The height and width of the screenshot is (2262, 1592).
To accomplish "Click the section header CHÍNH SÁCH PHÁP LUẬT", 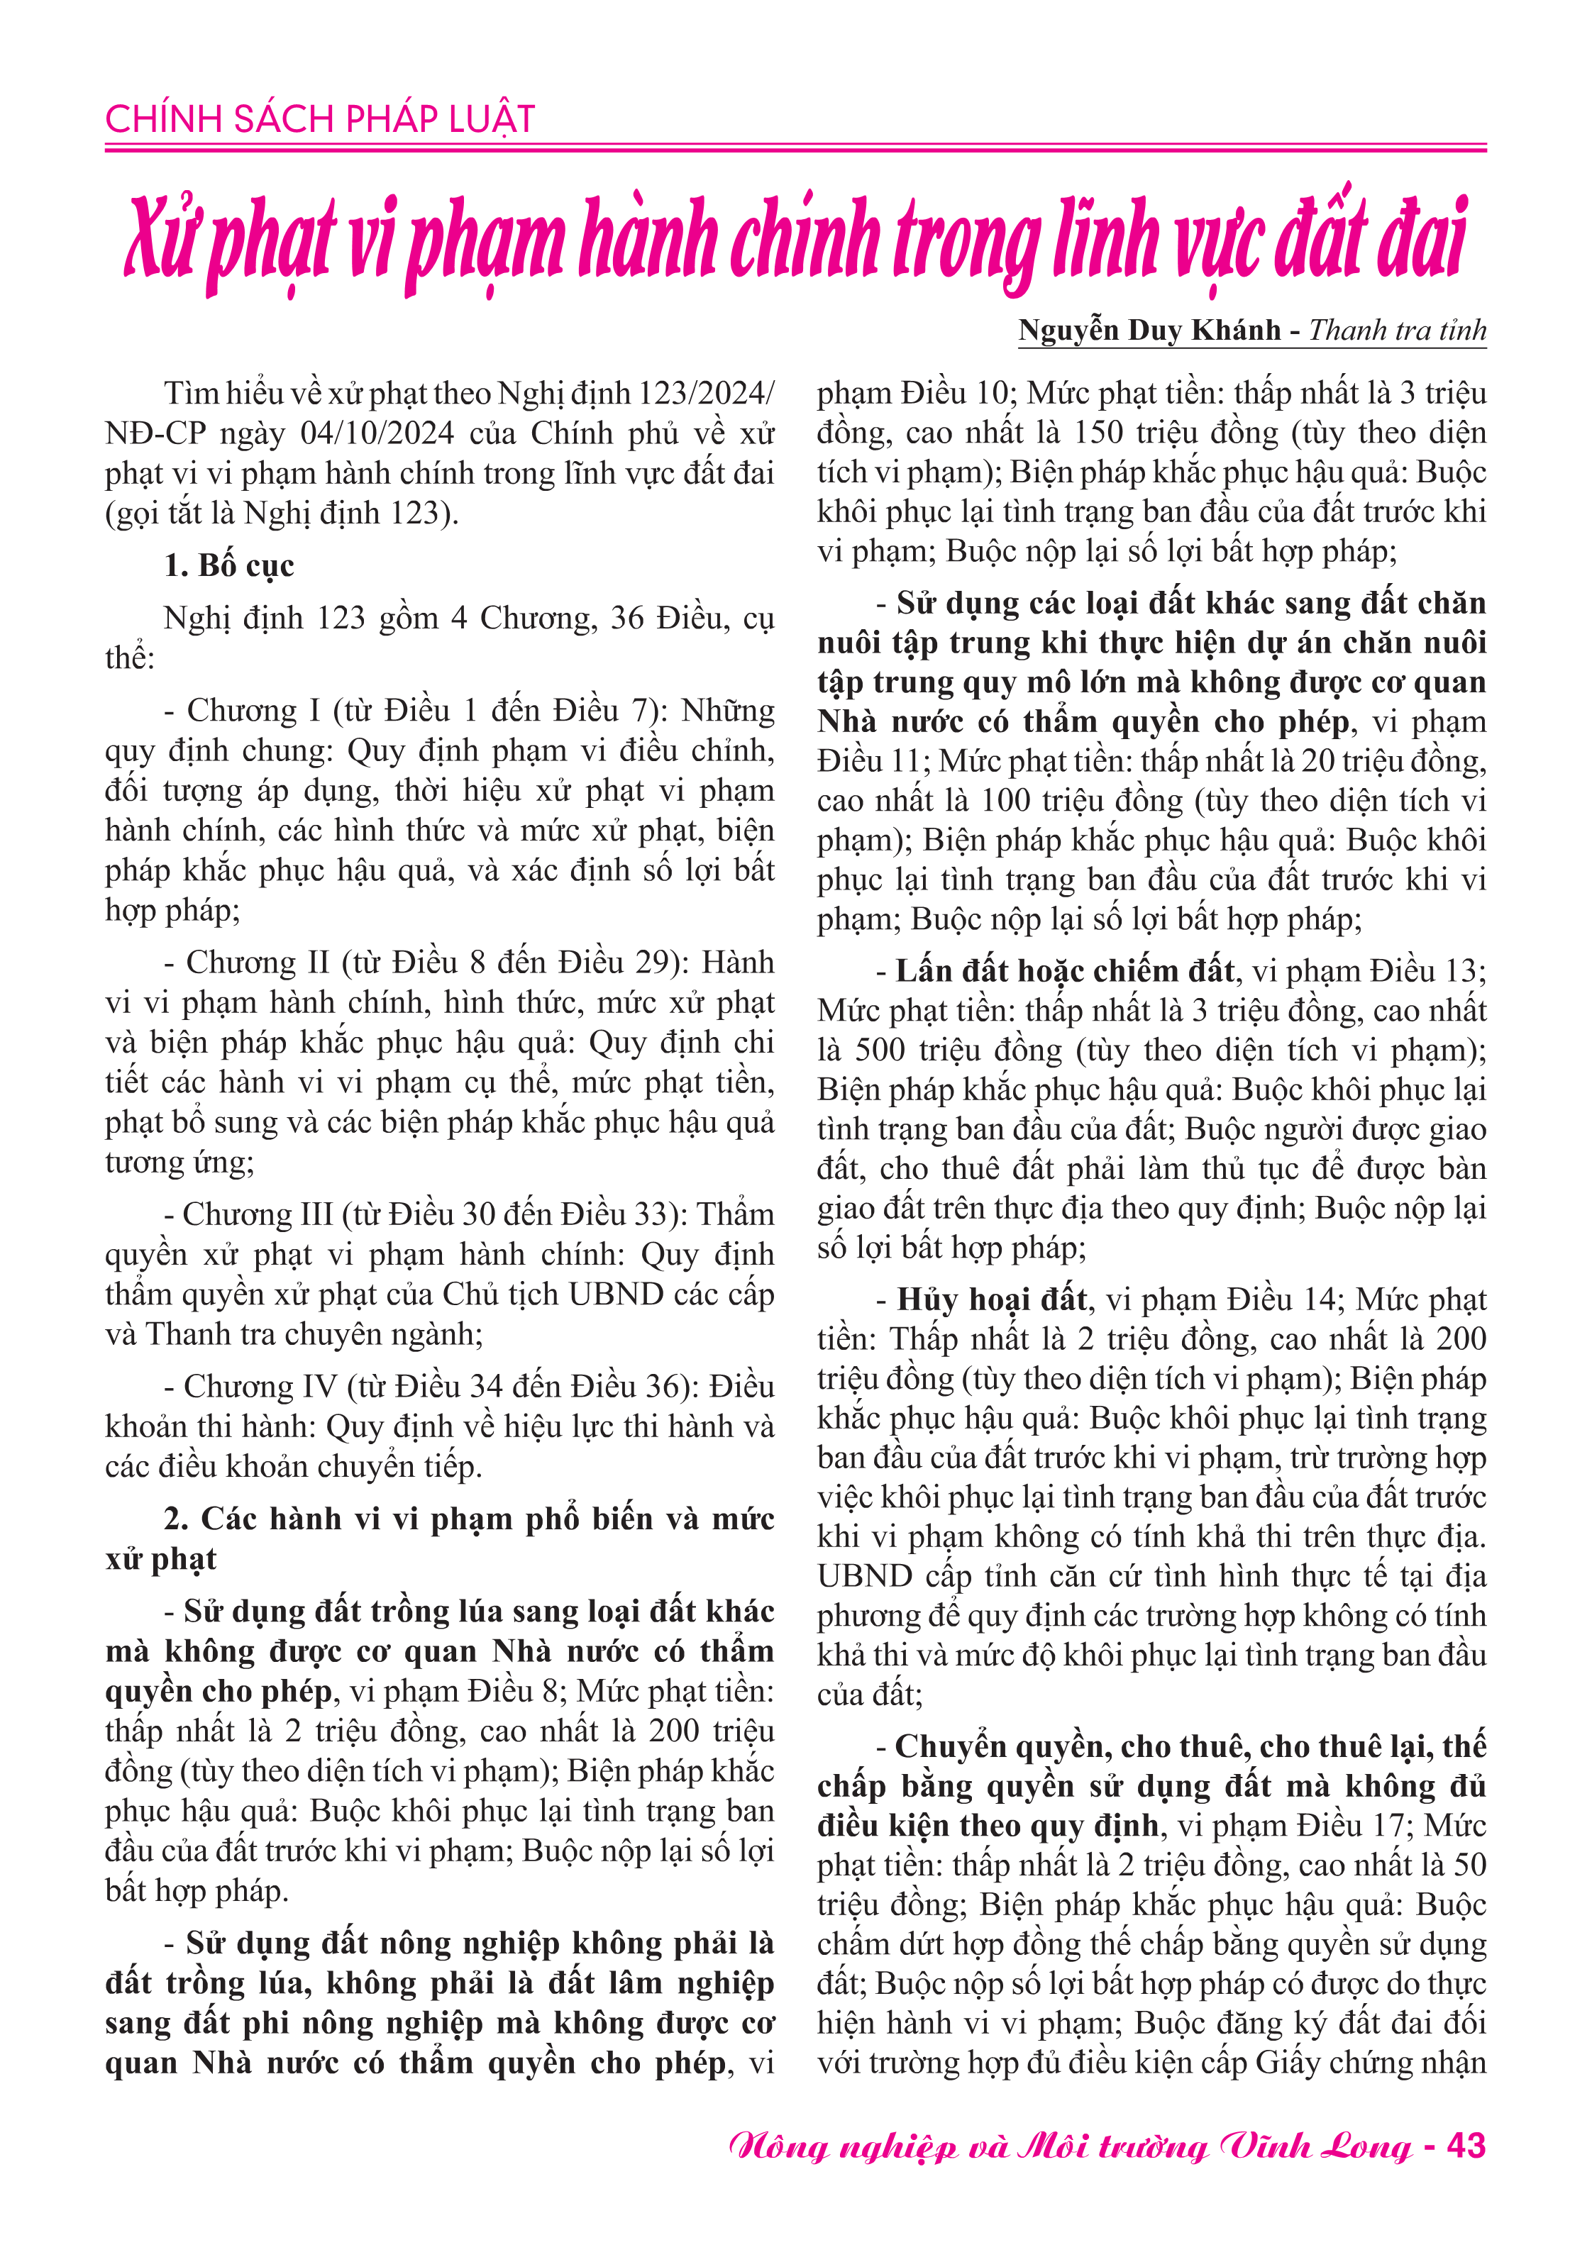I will coord(319,119).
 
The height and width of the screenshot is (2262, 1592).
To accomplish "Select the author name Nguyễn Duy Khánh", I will coord(1149,330).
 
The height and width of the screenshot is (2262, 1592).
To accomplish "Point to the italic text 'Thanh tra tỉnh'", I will coord(1397,330).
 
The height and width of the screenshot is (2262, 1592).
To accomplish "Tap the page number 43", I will coord(1466,2146).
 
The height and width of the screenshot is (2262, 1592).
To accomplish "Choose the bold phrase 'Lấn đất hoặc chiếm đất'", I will coord(1065,971).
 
